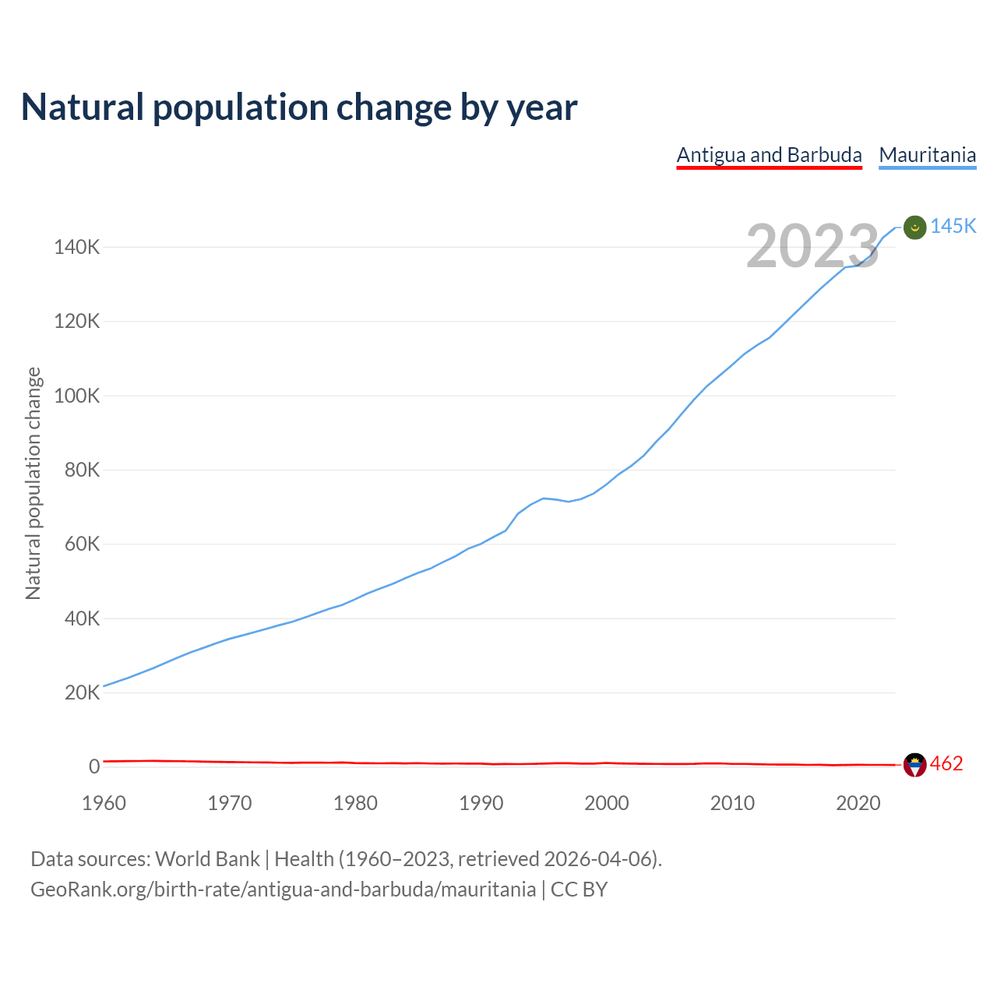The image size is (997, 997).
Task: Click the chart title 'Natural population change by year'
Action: tap(299, 107)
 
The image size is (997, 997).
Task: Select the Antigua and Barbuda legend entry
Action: tap(769, 155)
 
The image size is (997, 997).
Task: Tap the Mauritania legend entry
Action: tap(927, 155)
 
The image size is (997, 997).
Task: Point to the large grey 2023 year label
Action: tap(812, 246)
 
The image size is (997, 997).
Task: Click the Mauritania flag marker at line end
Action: tap(914, 227)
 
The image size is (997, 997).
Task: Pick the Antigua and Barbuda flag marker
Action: tap(914, 765)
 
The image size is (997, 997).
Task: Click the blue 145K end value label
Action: tap(953, 226)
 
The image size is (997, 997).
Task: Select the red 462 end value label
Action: tap(946, 763)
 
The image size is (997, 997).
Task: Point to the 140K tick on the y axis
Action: tap(77, 248)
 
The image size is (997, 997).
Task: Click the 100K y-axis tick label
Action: tap(77, 396)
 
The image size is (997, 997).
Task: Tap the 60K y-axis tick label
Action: tap(82, 544)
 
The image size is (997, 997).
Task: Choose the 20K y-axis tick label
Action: tap(82, 692)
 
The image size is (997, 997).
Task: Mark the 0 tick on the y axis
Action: tap(94, 766)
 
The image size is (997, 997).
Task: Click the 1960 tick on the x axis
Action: tap(104, 803)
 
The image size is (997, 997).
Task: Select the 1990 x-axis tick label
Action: tap(481, 803)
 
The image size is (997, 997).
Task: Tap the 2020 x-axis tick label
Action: tap(858, 803)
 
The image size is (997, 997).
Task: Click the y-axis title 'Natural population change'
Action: tap(33, 483)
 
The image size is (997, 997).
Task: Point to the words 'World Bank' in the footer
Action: tap(207, 859)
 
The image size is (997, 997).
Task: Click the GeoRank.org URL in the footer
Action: tap(283, 890)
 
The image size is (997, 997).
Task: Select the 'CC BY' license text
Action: tap(579, 890)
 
